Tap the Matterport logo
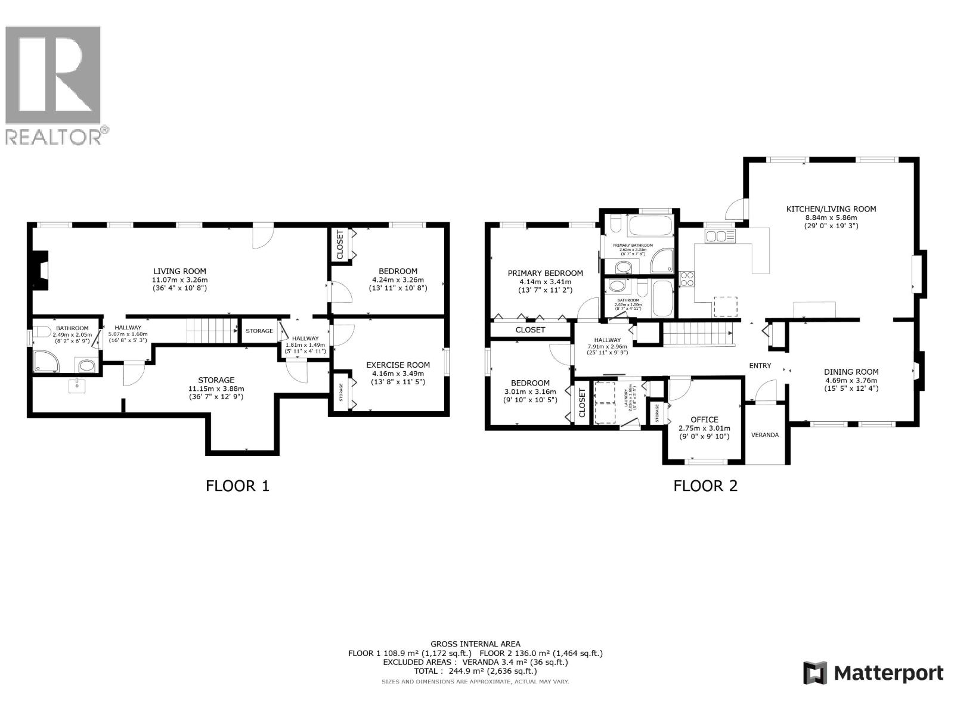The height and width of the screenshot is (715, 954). click(873, 673)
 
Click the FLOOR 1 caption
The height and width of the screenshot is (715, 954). click(237, 486)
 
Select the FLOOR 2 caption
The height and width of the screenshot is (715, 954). click(705, 486)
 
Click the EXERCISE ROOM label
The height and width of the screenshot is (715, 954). click(398, 365)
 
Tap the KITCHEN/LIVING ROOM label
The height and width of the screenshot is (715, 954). click(831, 209)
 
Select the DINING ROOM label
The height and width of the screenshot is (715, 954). click(851, 372)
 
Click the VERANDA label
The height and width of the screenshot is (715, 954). click(765, 435)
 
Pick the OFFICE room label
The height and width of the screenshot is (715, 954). click(704, 419)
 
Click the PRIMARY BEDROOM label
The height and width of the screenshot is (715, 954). click(545, 273)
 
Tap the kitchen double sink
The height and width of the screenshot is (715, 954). click(720, 237)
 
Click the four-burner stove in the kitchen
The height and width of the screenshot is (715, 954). click(687, 279)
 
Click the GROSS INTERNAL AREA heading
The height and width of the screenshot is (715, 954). click(475, 643)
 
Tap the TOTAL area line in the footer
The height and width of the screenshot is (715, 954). click(475, 671)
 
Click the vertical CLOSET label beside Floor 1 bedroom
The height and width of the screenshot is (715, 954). click(340, 245)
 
